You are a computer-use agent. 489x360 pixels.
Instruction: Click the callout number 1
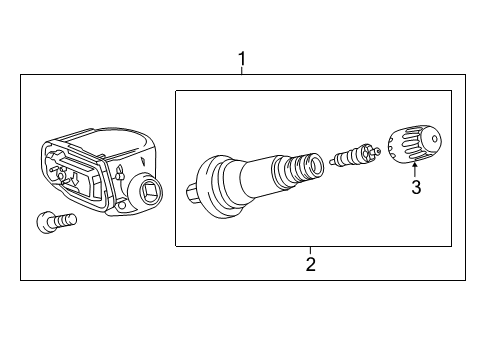pos(241,60)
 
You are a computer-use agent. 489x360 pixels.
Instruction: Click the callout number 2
pos(311,264)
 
